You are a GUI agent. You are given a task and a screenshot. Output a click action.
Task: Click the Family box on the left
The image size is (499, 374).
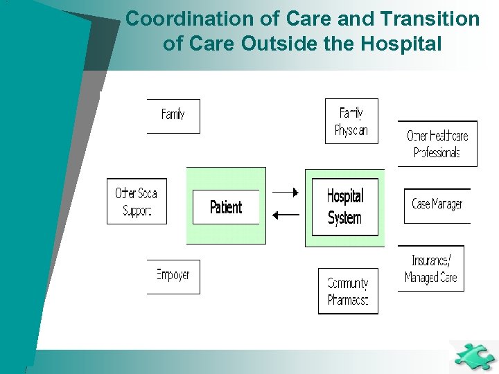[x=173, y=116]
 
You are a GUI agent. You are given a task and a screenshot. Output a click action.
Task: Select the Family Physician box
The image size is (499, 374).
[x=351, y=121]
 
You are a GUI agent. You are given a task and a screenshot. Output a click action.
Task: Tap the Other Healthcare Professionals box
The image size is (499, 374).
[x=437, y=144]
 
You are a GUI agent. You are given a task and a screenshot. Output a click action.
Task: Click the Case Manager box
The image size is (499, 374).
[x=437, y=205]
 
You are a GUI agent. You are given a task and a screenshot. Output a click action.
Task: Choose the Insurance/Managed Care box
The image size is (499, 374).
[x=430, y=269]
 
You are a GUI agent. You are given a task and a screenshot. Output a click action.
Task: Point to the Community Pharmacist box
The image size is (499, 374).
[x=348, y=292]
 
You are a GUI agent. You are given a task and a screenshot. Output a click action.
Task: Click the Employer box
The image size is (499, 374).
[x=173, y=276]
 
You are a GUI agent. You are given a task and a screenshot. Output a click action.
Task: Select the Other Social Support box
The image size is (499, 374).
[x=137, y=202]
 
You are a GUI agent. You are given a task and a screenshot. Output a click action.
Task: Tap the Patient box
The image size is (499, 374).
[x=226, y=206]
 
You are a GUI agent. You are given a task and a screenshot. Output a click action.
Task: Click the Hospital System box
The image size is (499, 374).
[x=344, y=207]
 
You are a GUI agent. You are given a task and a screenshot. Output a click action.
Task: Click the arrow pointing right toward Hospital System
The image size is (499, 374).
[x=285, y=192]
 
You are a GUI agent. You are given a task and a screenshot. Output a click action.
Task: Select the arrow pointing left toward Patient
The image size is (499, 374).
[x=285, y=215]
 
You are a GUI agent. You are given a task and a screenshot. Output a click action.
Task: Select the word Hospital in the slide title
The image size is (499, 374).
[x=401, y=44]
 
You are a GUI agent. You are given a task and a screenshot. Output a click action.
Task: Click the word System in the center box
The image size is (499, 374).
[x=344, y=218]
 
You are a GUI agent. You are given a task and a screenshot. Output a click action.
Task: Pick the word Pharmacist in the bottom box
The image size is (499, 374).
[x=348, y=301]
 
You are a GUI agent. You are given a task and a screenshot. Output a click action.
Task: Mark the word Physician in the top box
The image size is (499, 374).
[x=351, y=131]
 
